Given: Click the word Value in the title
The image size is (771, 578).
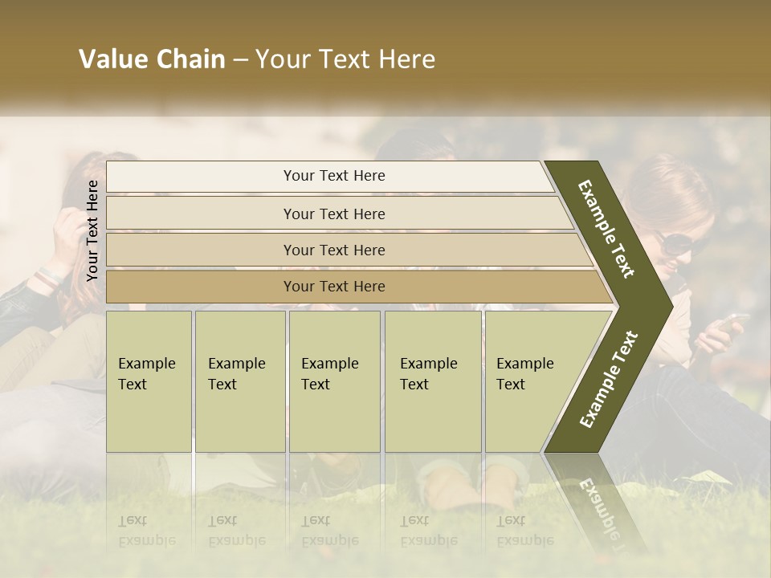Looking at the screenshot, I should [112, 59].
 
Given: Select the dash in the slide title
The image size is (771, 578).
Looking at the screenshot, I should [240, 59].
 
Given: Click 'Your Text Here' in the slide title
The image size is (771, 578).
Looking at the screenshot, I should [345, 59].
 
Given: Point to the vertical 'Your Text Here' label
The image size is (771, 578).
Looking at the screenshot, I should [92, 230].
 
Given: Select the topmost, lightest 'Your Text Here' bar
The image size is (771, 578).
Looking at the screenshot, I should [333, 176].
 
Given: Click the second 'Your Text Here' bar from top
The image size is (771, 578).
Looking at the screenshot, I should [333, 214].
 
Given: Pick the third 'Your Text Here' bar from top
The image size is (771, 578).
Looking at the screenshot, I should [333, 250].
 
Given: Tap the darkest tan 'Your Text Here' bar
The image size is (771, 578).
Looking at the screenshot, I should [333, 287].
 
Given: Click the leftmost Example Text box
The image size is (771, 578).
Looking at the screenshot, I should [149, 381].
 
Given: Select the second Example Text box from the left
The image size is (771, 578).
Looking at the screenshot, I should [239, 381].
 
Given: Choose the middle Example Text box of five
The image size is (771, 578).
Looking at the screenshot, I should [334, 381].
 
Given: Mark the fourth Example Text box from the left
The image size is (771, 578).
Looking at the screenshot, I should [433, 381].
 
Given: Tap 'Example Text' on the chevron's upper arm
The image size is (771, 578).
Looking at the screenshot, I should [606, 229].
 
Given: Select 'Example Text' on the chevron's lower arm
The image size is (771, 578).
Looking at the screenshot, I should [608, 380].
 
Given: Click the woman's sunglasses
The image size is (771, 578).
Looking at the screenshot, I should [673, 242].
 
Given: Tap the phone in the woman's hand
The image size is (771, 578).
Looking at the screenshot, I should [732, 322].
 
